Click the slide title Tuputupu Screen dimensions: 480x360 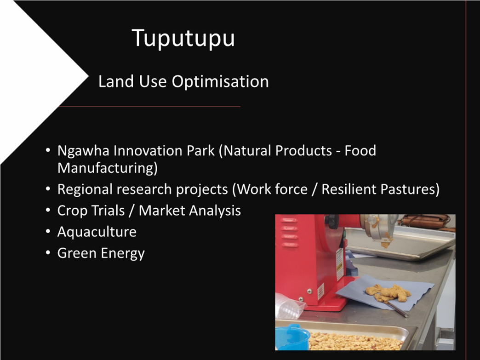point(183,38)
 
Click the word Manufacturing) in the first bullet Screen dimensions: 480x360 point(108,168)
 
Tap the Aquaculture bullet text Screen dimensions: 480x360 point(97,232)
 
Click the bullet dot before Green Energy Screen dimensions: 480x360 point(48,253)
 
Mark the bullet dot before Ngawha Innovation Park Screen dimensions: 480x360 point(48,150)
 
